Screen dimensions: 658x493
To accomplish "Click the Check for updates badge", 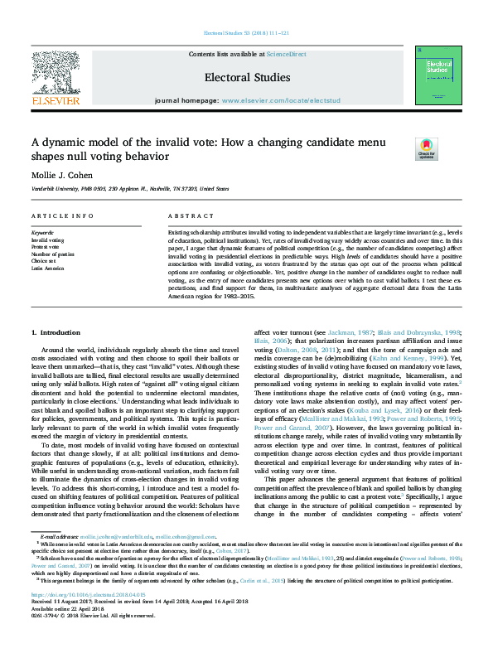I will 425,149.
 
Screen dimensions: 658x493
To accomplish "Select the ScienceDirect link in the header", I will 283,54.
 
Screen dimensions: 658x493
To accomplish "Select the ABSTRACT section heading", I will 186,215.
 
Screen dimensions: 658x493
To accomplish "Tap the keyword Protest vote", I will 47,246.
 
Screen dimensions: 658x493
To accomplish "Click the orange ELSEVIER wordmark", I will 56,101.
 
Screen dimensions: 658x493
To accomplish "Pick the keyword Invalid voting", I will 48,239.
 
